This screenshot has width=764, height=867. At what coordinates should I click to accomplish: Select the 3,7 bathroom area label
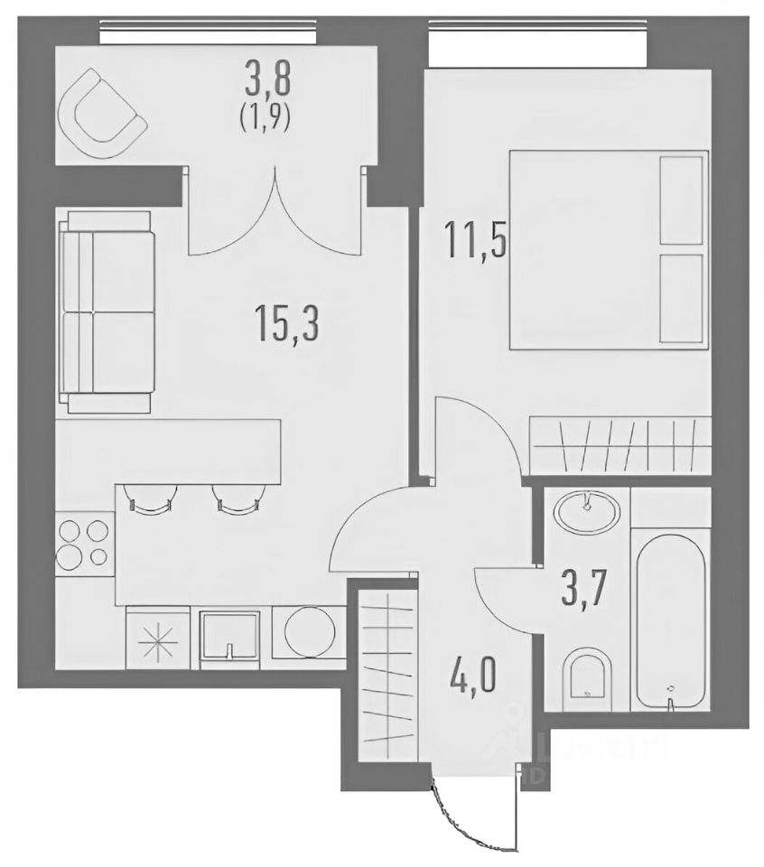[585, 590]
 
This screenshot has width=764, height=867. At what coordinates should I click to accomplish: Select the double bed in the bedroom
[608, 250]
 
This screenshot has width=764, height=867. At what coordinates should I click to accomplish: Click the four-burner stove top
[85, 543]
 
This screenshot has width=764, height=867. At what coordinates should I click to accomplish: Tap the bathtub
[671, 621]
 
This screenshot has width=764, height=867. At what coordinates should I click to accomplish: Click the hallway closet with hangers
[387, 669]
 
